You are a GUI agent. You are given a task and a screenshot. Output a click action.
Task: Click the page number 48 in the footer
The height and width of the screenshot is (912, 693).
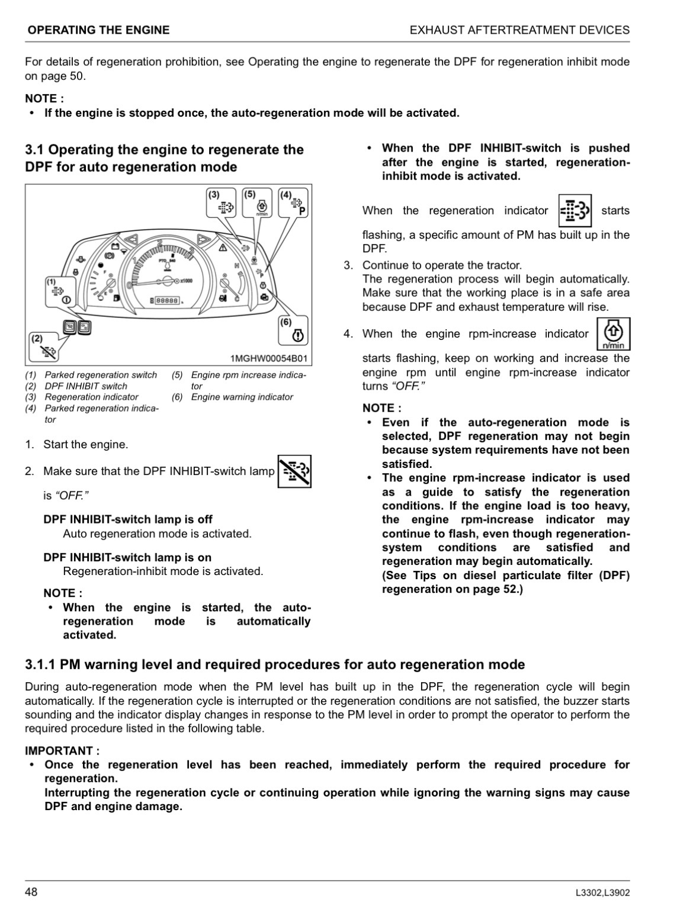click(31, 892)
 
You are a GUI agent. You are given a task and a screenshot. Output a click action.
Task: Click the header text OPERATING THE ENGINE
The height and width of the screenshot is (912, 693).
click(98, 30)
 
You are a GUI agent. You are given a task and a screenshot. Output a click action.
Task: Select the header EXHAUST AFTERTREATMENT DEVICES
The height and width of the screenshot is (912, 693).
click(519, 30)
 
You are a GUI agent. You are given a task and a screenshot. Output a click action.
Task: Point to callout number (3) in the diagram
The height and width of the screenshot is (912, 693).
click(214, 194)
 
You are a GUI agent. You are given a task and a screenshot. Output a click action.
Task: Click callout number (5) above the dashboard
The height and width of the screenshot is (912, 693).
click(249, 194)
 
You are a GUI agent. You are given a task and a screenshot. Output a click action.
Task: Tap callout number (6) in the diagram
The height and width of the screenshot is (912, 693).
click(286, 322)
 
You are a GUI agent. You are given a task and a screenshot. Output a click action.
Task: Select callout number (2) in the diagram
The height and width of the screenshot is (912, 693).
click(37, 339)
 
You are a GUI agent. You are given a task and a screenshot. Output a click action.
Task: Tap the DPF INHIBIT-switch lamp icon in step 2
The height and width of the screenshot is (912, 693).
click(294, 471)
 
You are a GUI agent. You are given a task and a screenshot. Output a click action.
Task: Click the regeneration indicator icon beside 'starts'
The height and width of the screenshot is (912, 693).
click(575, 210)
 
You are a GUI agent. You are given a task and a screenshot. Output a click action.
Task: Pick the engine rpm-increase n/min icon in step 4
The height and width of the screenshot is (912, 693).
click(613, 334)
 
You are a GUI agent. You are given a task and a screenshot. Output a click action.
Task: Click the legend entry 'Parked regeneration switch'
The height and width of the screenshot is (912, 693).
click(101, 375)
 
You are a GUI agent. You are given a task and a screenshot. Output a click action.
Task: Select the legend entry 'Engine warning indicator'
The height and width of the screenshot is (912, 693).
click(242, 397)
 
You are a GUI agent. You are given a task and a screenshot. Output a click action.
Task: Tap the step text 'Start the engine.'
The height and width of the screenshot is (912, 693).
click(85, 444)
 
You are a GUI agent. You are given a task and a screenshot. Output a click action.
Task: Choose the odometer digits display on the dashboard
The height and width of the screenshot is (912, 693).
click(166, 301)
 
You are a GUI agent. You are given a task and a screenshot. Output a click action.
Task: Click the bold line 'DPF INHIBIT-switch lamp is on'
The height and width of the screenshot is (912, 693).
click(127, 557)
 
